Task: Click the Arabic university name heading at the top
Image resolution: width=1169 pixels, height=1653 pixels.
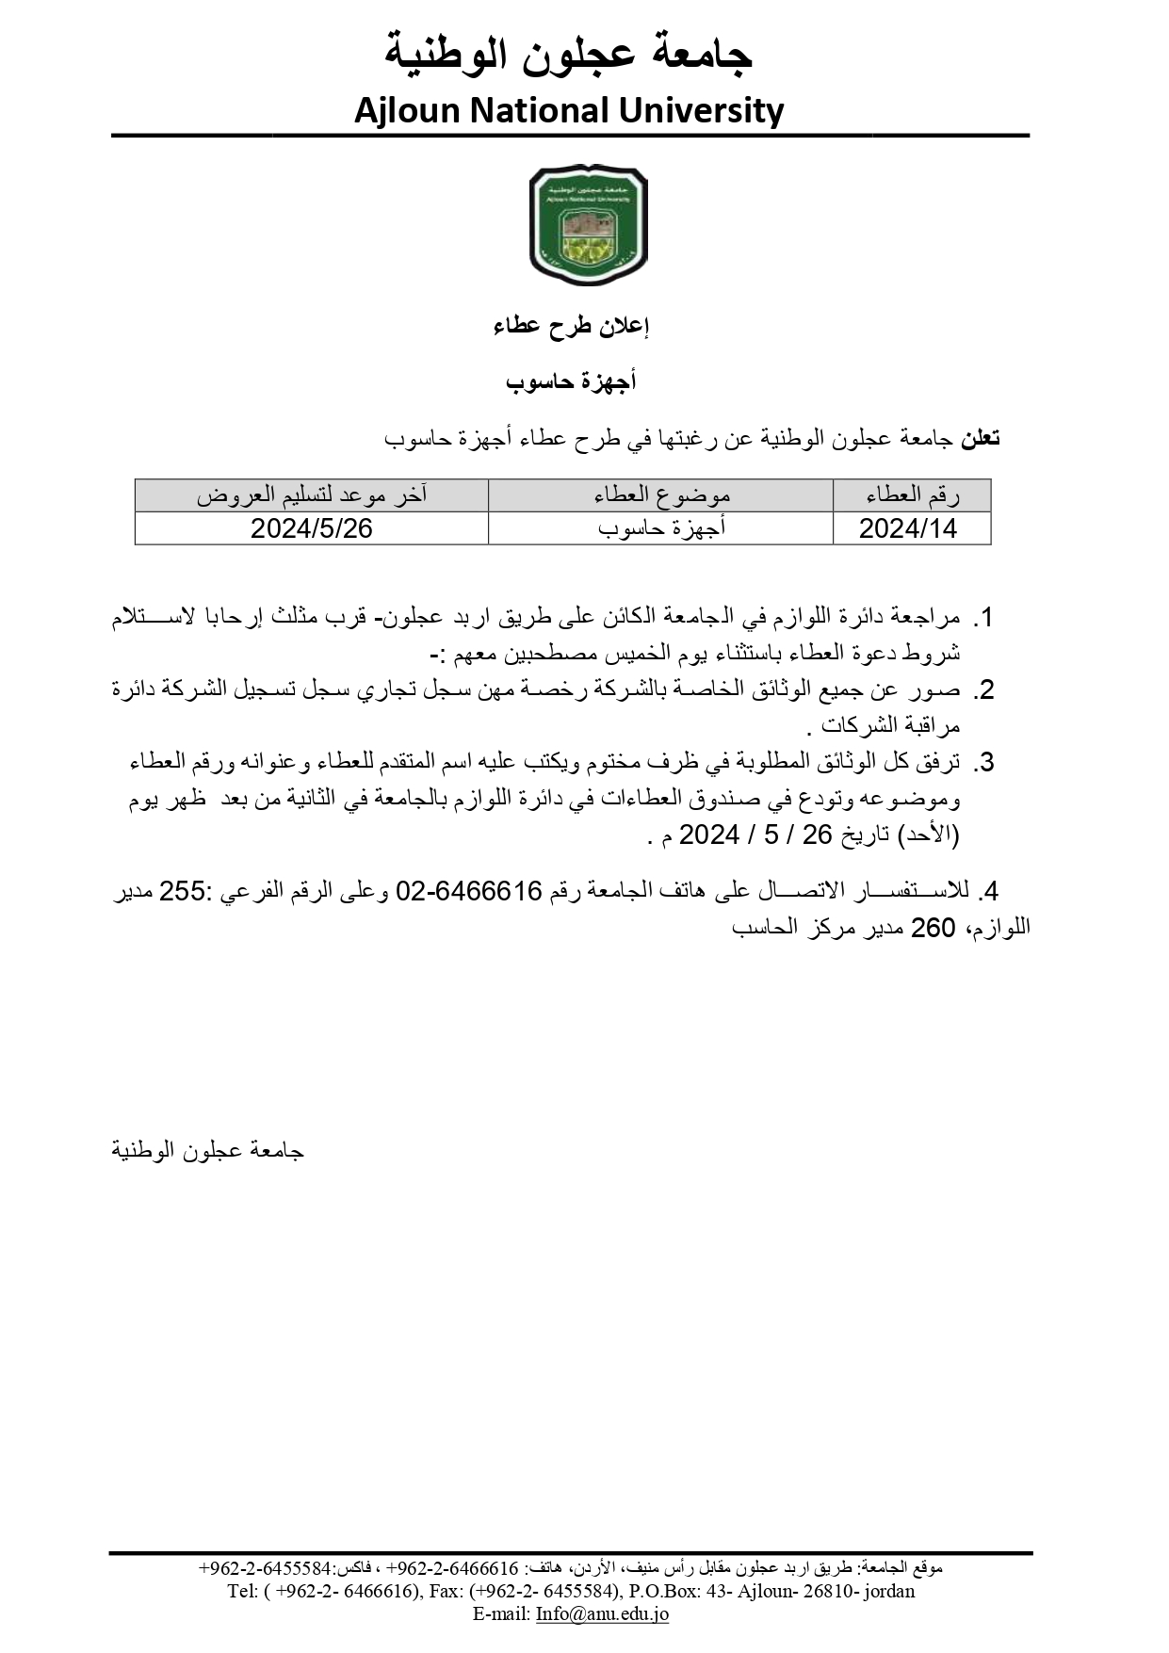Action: [569, 55]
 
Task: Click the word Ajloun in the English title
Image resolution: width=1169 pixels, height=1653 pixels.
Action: [406, 111]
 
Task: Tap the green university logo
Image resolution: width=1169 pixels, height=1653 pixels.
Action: [588, 225]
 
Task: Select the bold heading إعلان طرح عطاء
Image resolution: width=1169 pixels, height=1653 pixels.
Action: [571, 327]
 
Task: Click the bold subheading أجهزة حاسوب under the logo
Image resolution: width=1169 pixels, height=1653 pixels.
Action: [571, 381]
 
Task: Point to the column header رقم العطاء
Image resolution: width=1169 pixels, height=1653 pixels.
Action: [911, 494]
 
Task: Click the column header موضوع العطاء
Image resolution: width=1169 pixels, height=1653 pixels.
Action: [661, 494]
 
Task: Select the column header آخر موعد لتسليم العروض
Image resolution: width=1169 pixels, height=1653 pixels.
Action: [312, 494]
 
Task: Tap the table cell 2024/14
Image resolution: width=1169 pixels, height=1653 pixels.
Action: [908, 528]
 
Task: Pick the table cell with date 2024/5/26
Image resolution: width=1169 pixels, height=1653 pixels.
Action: [312, 528]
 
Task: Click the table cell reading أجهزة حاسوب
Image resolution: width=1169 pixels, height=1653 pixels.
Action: [661, 528]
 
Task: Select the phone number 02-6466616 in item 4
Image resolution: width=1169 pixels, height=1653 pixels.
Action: [469, 891]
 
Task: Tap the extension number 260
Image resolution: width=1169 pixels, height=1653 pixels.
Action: [933, 928]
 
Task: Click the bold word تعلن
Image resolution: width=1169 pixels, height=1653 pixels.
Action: [980, 438]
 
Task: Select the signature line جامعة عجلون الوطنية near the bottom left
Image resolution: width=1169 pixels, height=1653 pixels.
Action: [208, 1150]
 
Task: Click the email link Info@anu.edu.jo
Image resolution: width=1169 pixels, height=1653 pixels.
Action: [602, 1613]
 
